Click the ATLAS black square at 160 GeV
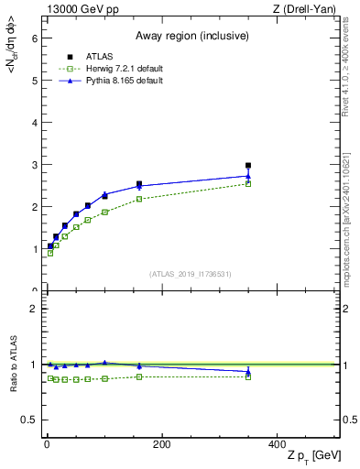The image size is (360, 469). point(139,184)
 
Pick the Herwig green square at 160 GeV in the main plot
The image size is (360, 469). point(139,199)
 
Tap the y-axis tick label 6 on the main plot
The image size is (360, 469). point(35,38)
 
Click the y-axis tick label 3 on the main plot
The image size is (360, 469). point(35,165)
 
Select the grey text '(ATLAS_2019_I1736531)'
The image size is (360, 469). point(191,274)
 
